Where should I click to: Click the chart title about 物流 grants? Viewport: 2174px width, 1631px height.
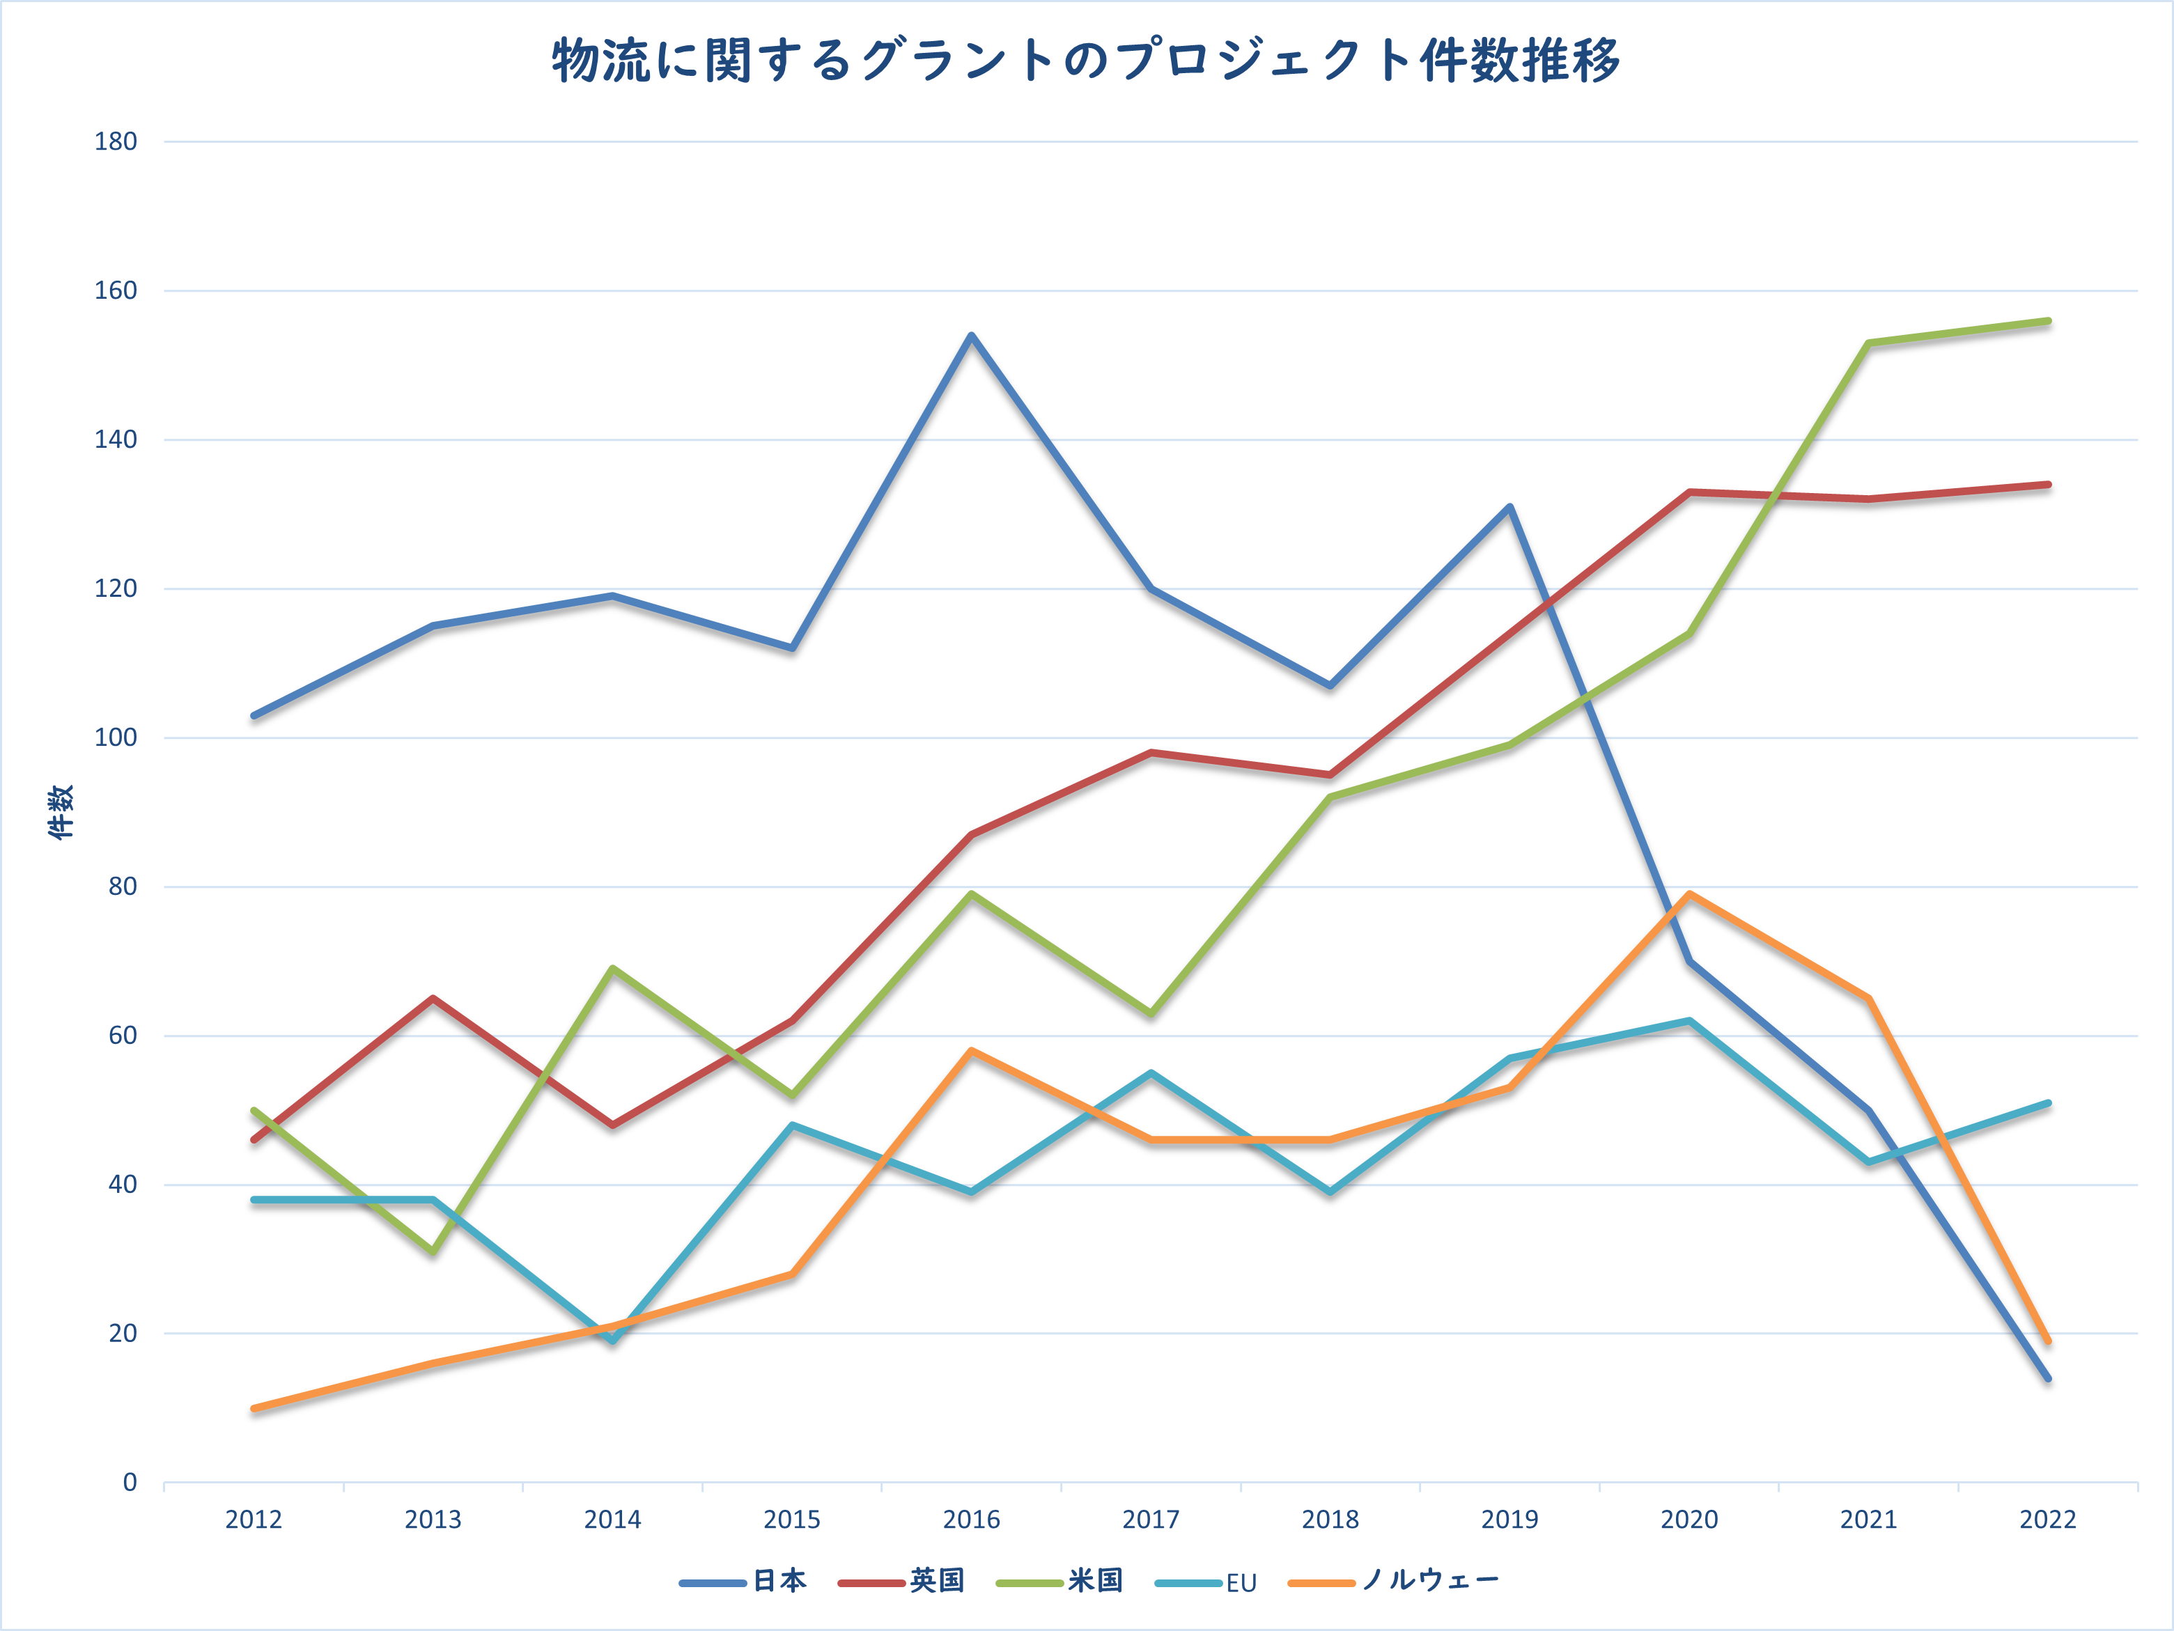[x=1086, y=61]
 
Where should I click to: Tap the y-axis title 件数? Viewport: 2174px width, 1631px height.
[x=61, y=811]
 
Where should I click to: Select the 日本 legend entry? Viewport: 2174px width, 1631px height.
[x=744, y=1581]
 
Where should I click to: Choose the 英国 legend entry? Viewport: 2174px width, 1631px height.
[x=901, y=1581]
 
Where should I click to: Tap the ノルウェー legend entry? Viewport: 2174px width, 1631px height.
[x=1394, y=1581]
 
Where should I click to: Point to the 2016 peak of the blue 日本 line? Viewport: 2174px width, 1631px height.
[x=971, y=336]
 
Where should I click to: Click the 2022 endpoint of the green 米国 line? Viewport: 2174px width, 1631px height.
[x=2048, y=321]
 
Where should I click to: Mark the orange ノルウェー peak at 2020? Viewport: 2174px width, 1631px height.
[x=1689, y=894]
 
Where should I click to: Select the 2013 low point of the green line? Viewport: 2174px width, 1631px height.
[x=433, y=1251]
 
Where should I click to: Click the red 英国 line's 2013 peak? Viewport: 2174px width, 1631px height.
[x=433, y=998]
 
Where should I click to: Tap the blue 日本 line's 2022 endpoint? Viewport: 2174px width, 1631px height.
[x=2048, y=1378]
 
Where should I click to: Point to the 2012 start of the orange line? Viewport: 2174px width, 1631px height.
[x=254, y=1408]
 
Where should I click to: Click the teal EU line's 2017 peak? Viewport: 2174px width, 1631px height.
[x=1151, y=1073]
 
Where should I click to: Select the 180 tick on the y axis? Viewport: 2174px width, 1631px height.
[x=116, y=141]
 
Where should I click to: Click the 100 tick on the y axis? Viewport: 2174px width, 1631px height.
[x=116, y=738]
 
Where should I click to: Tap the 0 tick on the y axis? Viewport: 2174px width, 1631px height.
[x=129, y=1483]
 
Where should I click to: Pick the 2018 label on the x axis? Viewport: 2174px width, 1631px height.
[x=1330, y=1520]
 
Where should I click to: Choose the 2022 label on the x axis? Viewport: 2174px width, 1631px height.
[x=2047, y=1520]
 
